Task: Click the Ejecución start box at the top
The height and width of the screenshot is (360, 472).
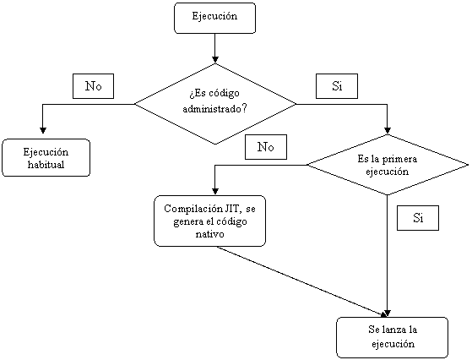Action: (215, 18)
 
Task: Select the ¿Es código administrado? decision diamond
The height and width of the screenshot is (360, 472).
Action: (215, 104)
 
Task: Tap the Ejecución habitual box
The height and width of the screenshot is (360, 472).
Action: (46, 157)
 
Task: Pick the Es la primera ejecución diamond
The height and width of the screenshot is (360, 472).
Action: (388, 165)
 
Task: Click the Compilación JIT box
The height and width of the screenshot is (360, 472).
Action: (209, 221)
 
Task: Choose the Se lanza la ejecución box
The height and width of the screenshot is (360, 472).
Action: (393, 337)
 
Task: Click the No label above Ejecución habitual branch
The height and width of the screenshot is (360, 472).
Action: (94, 86)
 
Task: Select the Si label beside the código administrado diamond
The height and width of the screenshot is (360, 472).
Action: (337, 86)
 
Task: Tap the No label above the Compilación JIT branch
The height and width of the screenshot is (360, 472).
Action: (266, 147)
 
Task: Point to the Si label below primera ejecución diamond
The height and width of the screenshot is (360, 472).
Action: (418, 218)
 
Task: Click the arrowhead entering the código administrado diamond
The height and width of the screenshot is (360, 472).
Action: (215, 60)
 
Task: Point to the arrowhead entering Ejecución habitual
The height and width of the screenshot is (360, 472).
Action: (43, 130)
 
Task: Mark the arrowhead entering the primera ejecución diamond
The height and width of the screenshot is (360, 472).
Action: (388, 130)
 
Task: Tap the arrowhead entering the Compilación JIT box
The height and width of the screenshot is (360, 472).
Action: (215, 191)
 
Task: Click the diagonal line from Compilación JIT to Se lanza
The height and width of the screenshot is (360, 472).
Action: (301, 281)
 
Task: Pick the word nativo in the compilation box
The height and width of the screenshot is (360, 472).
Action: (209, 234)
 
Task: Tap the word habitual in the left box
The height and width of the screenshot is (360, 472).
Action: (46, 165)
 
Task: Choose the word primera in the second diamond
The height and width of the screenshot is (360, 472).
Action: (399, 159)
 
